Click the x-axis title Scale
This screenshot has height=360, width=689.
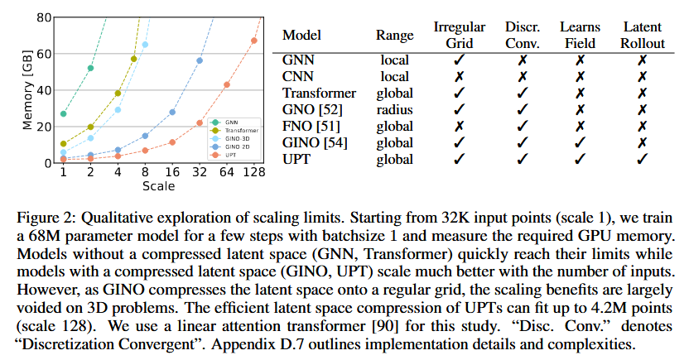(x=157, y=186)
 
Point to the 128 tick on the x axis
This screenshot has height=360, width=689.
(x=254, y=171)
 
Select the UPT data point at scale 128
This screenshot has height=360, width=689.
(x=254, y=41)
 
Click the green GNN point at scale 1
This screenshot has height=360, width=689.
(x=64, y=113)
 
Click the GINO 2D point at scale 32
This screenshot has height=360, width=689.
(x=200, y=60)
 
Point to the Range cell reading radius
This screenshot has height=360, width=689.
(x=395, y=109)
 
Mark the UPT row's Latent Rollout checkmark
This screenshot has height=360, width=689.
(x=643, y=158)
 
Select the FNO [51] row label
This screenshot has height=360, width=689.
(x=314, y=126)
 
